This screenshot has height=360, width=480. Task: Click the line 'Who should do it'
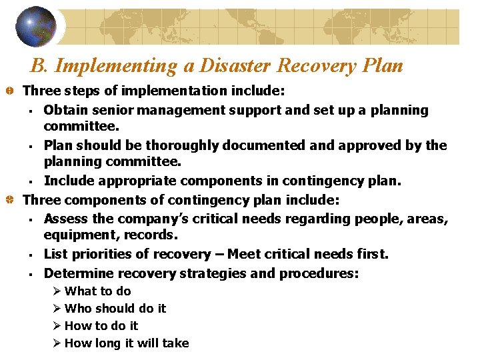pos(115,309)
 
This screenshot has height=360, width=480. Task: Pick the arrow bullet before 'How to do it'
pos(57,326)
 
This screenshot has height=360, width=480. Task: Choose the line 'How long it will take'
pos(127,343)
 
